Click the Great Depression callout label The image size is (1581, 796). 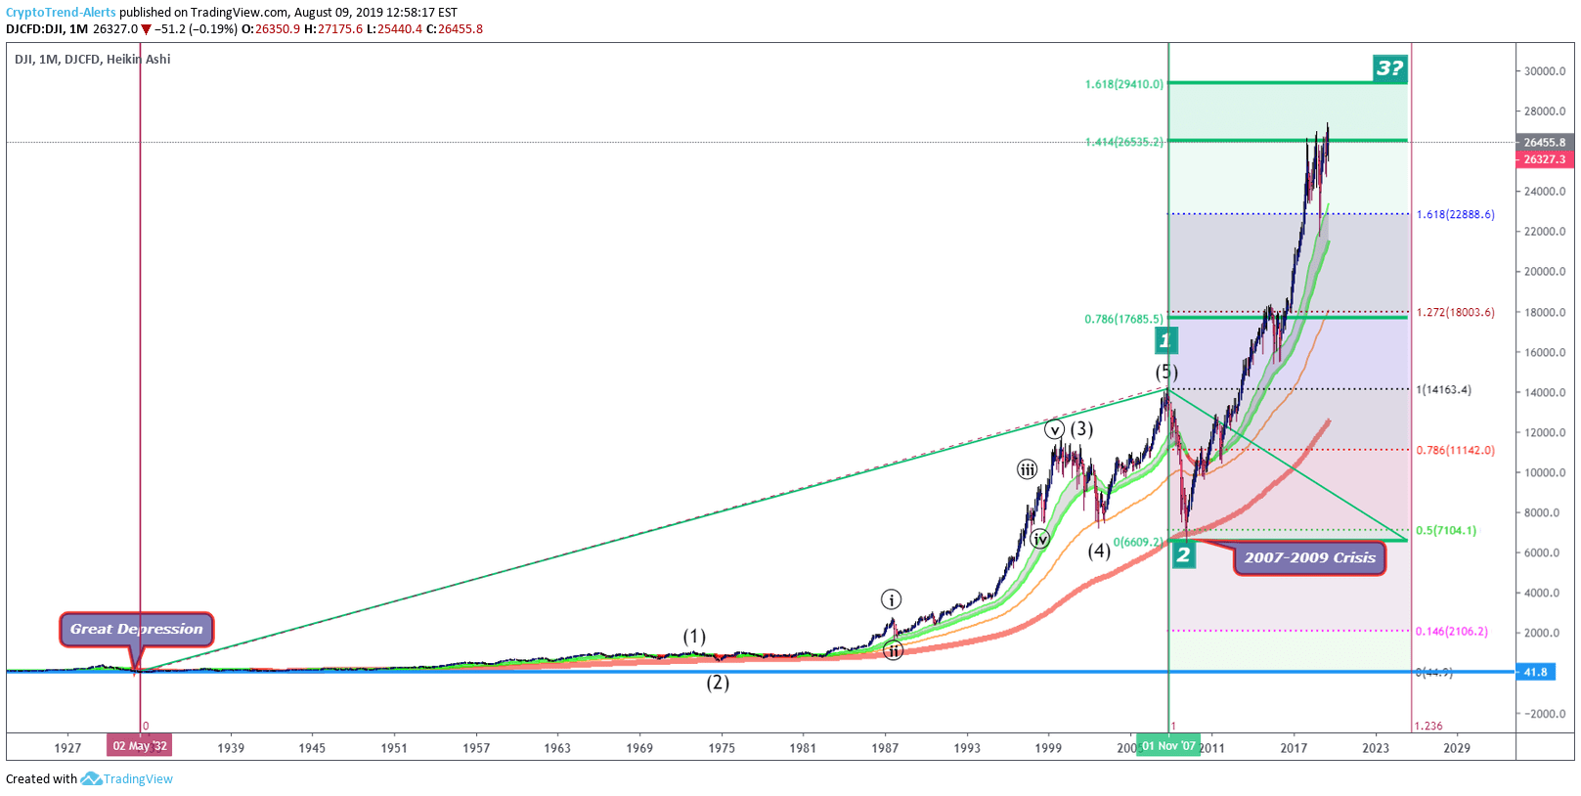[136, 629]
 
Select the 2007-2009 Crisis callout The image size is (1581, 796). [1309, 557]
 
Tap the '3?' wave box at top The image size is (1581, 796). [1389, 67]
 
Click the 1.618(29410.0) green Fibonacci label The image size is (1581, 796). [1123, 84]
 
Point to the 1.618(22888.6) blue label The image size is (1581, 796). [1455, 214]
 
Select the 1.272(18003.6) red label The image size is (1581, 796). [1455, 312]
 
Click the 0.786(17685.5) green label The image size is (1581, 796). [1123, 319]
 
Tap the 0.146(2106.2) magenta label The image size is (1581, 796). [1451, 631]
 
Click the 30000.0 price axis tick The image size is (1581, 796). [1545, 71]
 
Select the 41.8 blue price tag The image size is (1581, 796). [1536, 672]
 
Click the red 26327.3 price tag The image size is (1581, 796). [1544, 159]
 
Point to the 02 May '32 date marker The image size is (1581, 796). [140, 746]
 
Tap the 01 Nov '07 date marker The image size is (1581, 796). [1168, 746]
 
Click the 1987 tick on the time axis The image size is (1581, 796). [885, 748]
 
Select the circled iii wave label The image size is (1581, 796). [1028, 469]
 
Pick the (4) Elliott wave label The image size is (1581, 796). [1099, 551]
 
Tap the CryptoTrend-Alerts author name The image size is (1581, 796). [61, 13]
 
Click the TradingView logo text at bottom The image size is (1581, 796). [138, 779]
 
